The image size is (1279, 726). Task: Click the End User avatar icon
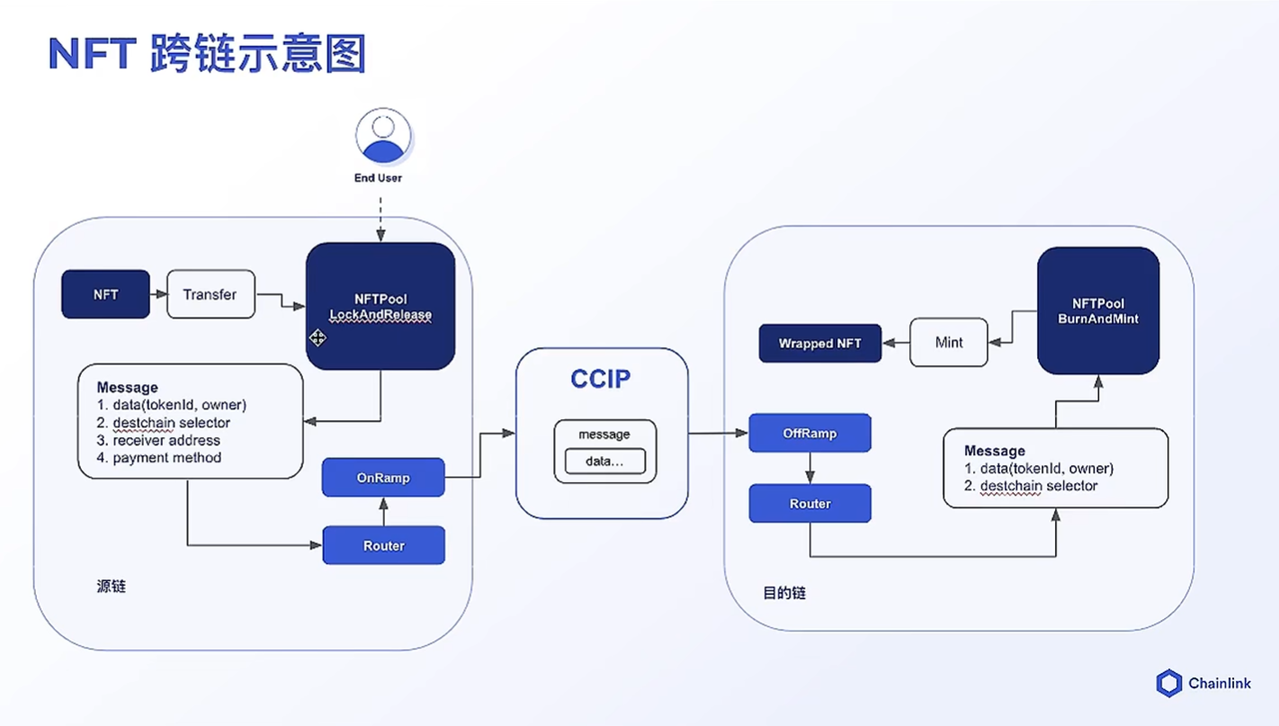(383, 136)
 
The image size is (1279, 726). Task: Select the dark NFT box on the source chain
(105, 294)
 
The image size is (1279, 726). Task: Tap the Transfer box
(210, 294)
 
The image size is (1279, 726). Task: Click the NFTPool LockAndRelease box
(380, 306)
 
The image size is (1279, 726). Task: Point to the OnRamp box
(383, 478)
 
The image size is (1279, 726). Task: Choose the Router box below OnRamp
(384, 545)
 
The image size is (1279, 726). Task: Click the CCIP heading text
(601, 379)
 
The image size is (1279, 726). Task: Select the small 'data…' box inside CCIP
(605, 461)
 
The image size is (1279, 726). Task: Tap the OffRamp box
(810, 433)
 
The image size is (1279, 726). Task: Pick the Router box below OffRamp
(810, 503)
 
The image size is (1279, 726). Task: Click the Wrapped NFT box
(820, 344)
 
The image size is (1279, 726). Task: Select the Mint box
(949, 342)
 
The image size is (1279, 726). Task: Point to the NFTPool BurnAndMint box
(1098, 310)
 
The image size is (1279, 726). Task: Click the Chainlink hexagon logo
(1168, 683)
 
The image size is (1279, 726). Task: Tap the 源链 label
(111, 587)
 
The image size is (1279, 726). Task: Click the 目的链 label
(784, 593)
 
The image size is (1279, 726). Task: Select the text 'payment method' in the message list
(166, 458)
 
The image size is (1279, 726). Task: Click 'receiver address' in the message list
(166, 440)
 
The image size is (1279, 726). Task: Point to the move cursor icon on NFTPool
(318, 337)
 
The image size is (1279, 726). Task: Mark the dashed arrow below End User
(380, 220)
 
